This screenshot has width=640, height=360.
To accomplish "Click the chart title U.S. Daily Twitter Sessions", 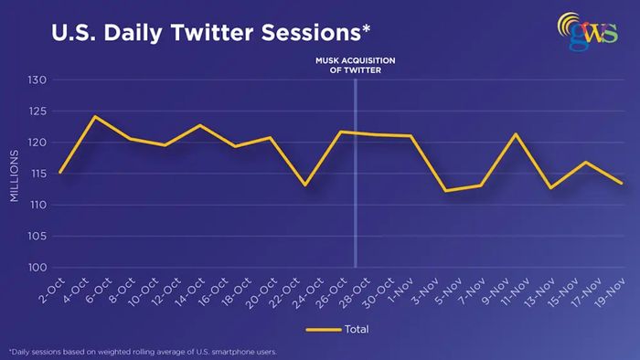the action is pyautogui.click(x=210, y=33).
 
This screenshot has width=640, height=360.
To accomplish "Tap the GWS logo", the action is pyautogui.click(x=588, y=31).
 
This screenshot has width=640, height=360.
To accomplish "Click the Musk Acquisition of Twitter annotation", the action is pyautogui.click(x=355, y=65).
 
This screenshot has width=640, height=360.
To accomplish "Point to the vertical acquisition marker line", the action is pyautogui.click(x=356, y=174).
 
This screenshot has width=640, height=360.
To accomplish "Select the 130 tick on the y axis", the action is pyautogui.click(x=37, y=79).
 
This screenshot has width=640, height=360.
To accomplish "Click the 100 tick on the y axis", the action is pyautogui.click(x=37, y=268).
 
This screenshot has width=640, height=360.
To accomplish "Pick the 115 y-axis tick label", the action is pyautogui.click(x=37, y=174).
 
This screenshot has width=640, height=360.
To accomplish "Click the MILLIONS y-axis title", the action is pyautogui.click(x=15, y=175).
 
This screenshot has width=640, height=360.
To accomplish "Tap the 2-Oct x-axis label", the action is pyautogui.click(x=52, y=291).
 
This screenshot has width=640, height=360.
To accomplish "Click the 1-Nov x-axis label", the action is pyautogui.click(x=400, y=291).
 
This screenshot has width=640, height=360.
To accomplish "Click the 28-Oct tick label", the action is pyautogui.click(x=356, y=292).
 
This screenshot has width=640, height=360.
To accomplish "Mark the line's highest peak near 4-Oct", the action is pyautogui.click(x=95, y=116).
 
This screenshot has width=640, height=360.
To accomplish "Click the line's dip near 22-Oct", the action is pyautogui.click(x=304, y=185).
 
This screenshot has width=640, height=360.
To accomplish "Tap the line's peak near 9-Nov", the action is pyautogui.click(x=516, y=133).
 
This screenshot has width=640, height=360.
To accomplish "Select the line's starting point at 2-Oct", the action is pyautogui.click(x=60, y=173).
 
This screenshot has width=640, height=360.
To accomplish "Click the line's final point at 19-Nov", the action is pyautogui.click(x=621, y=183).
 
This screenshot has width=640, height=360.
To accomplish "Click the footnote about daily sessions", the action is pyautogui.click(x=143, y=352).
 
